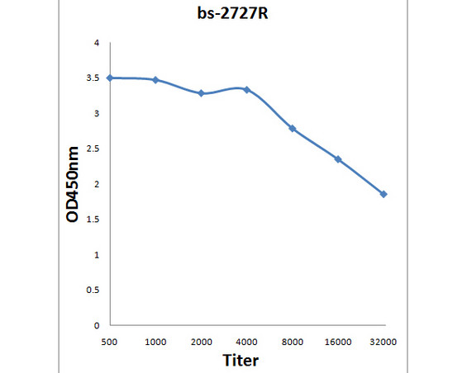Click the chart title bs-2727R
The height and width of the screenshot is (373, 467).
[233, 13]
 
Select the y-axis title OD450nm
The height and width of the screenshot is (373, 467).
[74, 185]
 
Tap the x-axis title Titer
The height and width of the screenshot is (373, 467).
[240, 360]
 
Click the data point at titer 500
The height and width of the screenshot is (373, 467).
[110, 78]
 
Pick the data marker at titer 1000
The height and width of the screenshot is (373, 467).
[155, 79]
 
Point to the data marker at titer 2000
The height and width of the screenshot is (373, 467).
[201, 93]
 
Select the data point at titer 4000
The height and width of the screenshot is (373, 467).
[246, 89]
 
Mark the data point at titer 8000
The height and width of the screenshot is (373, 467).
[292, 128]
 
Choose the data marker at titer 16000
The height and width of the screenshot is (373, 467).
[338, 158]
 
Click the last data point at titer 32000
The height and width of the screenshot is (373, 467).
[384, 194]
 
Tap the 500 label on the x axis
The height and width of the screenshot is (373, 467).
[109, 341]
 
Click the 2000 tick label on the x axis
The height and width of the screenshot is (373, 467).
[201, 341]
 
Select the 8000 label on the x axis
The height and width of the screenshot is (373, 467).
[292, 341]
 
